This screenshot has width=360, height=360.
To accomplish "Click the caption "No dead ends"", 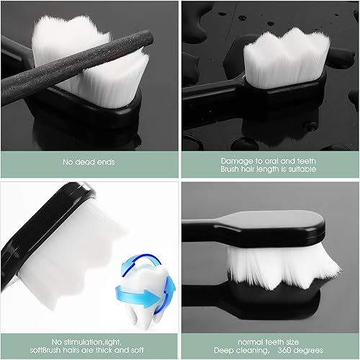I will pyautogui.click(x=89, y=161).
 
